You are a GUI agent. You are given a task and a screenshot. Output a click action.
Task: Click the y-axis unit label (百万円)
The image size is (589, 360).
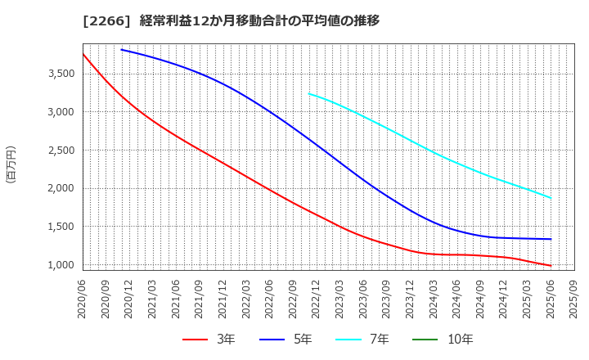click(11, 164)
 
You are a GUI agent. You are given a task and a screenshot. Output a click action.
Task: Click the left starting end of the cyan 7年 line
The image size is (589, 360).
click(308, 93)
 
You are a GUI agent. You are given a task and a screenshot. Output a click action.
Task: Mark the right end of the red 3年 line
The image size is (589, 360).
click(551, 266)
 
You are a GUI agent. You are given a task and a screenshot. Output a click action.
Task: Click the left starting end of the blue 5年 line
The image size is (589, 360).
click(121, 50)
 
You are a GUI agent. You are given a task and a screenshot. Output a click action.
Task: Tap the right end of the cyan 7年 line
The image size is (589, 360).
click(551, 198)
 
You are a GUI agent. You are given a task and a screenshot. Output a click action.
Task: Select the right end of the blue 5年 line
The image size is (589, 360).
click(551, 239)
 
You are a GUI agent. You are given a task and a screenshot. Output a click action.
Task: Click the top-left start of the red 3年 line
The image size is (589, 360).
click(83, 54)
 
